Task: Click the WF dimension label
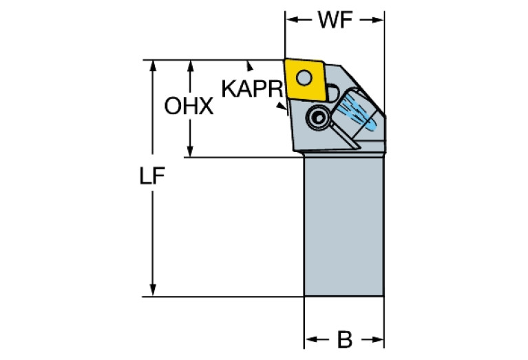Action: tap(335, 20)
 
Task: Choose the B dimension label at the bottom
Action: tap(344, 340)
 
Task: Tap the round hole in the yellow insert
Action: tap(304, 77)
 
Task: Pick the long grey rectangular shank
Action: tap(344, 227)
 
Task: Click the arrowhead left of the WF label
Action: tap(291, 20)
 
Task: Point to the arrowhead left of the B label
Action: tap(310, 340)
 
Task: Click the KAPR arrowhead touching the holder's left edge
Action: tap(282, 107)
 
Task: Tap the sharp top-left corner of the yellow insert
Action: tap(285, 60)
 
